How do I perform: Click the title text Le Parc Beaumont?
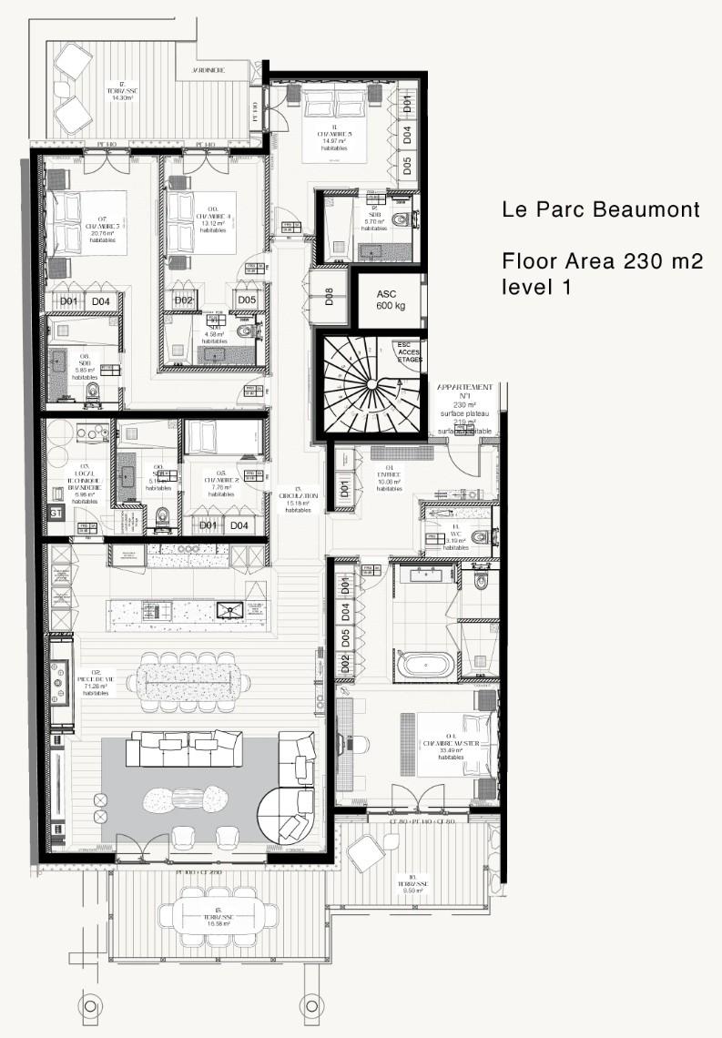pyautogui.click(x=601, y=209)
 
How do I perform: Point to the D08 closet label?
pyautogui.click(x=329, y=297)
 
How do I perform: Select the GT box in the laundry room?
pyautogui.click(x=56, y=514)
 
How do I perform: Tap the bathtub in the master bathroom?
pyautogui.click(x=426, y=662)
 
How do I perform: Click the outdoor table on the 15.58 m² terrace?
pyautogui.click(x=216, y=913)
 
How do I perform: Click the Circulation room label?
pyautogui.click(x=299, y=499)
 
